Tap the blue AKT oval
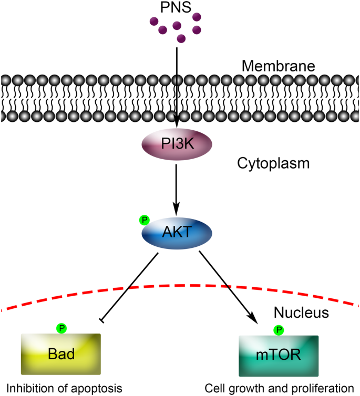[176, 231]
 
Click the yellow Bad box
[60, 353]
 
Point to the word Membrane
[278, 66]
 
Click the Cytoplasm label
[273, 163]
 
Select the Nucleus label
[301, 314]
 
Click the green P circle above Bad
[63, 328]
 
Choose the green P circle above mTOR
[279, 330]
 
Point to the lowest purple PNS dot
[181, 38]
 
